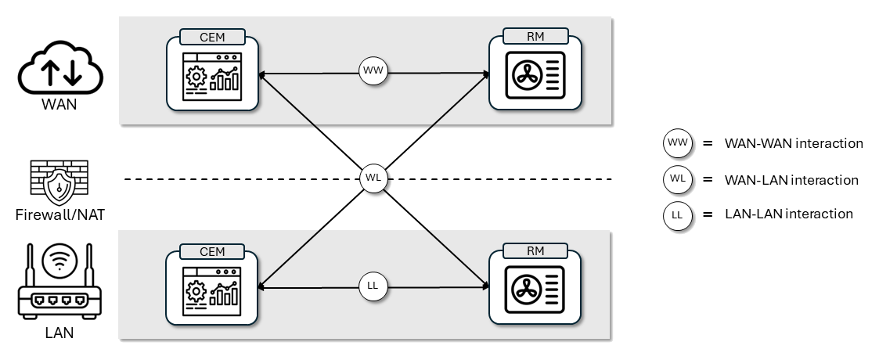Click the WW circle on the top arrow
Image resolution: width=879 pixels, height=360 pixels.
[x=373, y=71]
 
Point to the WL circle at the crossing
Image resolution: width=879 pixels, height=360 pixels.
[x=373, y=178]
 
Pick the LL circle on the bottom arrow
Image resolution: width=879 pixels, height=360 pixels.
[x=373, y=286]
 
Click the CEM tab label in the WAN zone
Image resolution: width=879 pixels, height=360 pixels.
[x=212, y=36]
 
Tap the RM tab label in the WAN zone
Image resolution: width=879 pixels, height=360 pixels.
[x=535, y=36]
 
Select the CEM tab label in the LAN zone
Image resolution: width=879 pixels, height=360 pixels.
[x=212, y=251]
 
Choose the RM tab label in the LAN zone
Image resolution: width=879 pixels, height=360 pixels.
[x=535, y=251]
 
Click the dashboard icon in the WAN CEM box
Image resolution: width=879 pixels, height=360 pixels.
[x=212, y=76]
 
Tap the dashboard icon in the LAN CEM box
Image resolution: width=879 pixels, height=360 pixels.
[x=212, y=291]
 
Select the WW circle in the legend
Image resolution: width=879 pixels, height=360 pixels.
[x=677, y=145]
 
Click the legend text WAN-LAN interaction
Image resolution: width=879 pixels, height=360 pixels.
[x=791, y=180]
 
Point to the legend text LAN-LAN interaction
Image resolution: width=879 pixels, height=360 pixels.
[x=789, y=214]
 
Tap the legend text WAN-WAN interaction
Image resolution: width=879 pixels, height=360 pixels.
[x=794, y=144]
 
